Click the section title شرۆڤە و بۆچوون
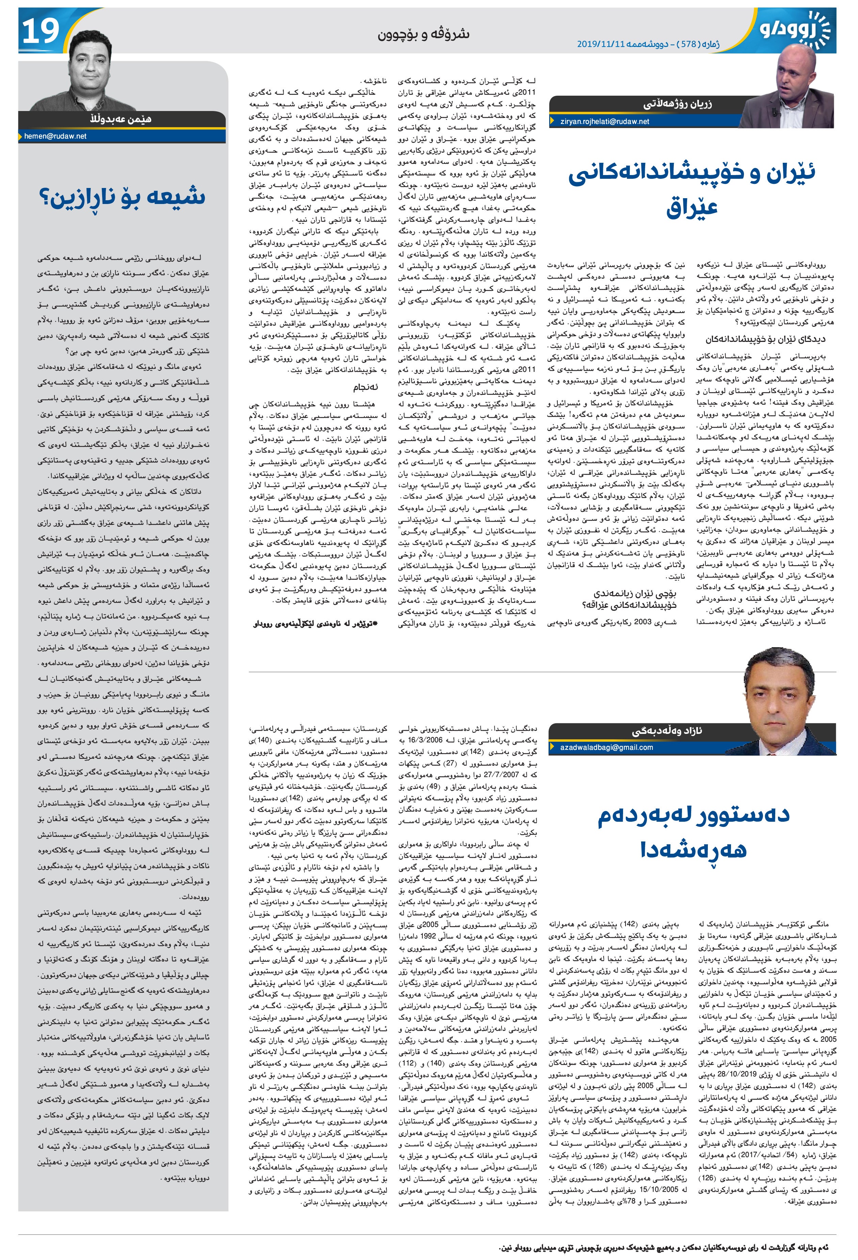click(423, 34)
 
